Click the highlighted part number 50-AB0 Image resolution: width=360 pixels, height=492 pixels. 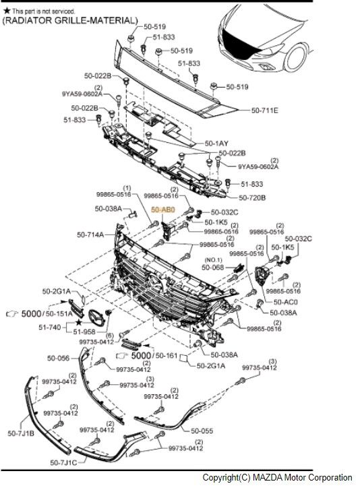(163, 210)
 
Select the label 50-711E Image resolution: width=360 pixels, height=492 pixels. (264, 111)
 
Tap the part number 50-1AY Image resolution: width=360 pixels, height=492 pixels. (216, 144)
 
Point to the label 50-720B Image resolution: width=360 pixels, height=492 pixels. (252, 197)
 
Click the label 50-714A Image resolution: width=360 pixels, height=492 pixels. (90, 235)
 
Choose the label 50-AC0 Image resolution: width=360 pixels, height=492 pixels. (286, 302)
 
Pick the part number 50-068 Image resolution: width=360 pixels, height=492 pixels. (213, 268)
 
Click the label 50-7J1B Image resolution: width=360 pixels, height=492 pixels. (21, 433)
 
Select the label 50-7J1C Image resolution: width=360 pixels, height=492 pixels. (63, 462)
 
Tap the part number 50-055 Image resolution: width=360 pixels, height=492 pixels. (202, 431)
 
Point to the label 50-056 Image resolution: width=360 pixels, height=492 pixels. (59, 358)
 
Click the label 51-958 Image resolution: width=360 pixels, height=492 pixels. (84, 332)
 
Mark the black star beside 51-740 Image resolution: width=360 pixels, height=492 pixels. (78, 322)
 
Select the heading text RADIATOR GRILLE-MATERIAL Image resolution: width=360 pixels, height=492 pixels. (70, 21)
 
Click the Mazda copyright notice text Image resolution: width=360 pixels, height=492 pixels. (277, 478)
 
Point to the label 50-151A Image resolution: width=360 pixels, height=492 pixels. (59, 313)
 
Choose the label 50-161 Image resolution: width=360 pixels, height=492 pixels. (167, 355)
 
